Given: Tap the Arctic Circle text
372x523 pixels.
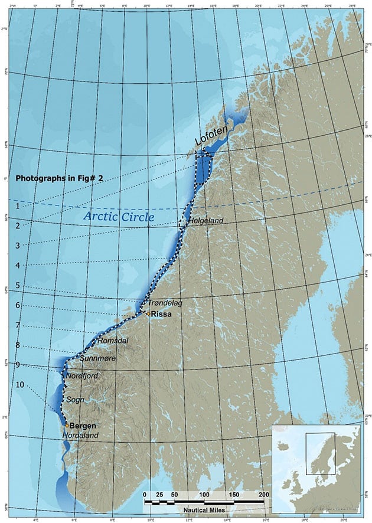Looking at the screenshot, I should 119,217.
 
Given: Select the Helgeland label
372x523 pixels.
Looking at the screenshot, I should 205,221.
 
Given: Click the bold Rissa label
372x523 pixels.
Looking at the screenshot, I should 161,315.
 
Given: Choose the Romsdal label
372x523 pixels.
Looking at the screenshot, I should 112,341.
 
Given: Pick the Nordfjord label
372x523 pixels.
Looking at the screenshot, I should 82,375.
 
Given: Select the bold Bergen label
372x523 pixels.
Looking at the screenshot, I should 83,426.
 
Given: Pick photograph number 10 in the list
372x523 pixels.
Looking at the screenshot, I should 21,385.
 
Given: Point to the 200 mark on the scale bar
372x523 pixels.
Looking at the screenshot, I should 263,494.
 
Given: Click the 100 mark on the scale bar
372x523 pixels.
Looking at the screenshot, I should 204,494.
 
